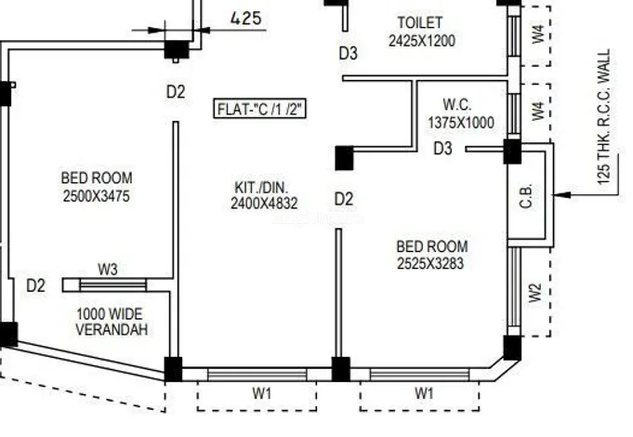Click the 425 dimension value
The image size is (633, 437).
pos(245,18)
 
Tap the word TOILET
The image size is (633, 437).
pos(420,22)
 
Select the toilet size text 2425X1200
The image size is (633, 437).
pos(423,40)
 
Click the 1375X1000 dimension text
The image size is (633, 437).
pos(461,122)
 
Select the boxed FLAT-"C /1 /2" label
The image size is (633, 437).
pos(260,109)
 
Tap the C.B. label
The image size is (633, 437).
pos(527,198)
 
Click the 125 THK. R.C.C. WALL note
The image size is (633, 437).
pos(605,118)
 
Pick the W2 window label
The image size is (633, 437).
pos(534,292)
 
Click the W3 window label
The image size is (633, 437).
pos(109,270)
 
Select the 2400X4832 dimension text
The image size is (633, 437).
pos(264,204)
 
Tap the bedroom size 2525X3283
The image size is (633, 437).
pos(432,263)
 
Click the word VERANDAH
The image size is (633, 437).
pos(111,330)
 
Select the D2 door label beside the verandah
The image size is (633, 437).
pos(35,285)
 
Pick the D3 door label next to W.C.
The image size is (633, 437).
pos(443,149)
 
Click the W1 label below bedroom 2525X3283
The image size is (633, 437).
pos(424,393)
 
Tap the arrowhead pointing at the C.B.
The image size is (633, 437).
pos(559,195)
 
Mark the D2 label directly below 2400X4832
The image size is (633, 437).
pos(344,199)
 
